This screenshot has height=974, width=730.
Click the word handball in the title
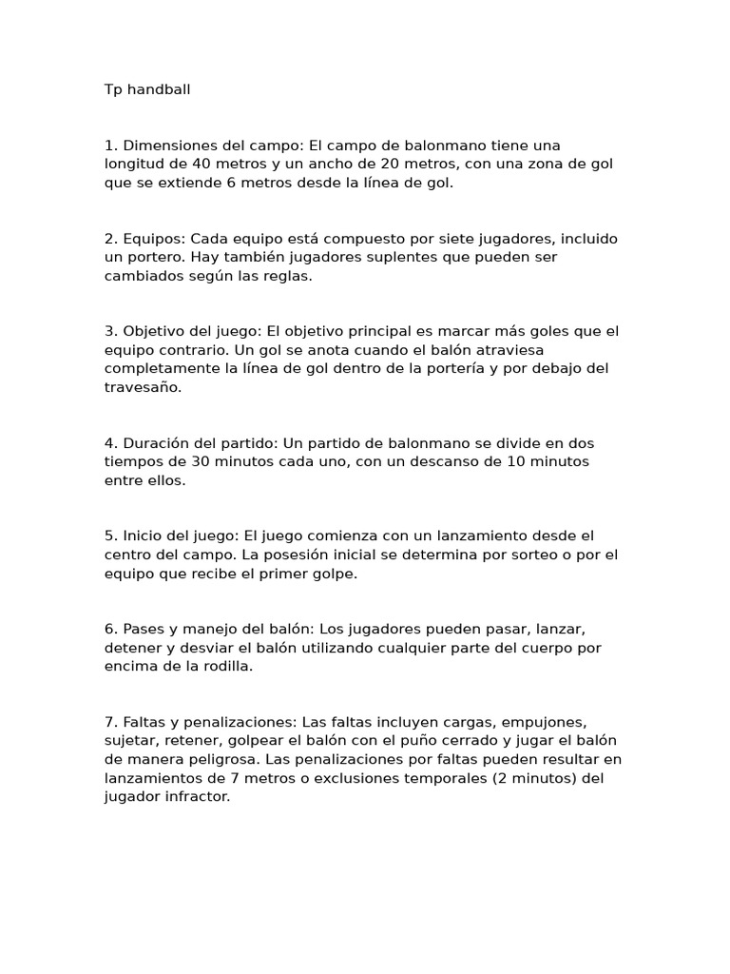(156, 89)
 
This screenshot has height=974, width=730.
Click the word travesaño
(143, 387)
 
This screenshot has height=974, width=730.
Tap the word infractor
(197, 797)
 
